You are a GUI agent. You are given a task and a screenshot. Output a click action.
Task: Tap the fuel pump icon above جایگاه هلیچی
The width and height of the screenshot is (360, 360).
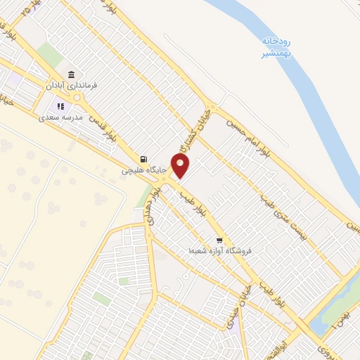coord(143,159)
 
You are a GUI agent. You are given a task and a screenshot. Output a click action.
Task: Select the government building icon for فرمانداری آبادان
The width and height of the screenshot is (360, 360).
coord(71,75)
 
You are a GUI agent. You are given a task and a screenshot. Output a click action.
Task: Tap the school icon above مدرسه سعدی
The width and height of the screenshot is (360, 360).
coord(59,108)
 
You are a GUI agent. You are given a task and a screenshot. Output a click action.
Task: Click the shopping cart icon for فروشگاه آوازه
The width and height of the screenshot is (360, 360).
coord(219,240)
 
